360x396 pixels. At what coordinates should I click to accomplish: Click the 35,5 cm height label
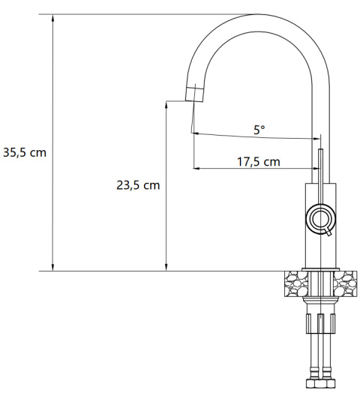(x=24, y=151)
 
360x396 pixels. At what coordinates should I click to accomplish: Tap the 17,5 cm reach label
(x=258, y=161)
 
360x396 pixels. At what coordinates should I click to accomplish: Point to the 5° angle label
(x=258, y=130)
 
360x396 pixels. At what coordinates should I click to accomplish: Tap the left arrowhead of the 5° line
(x=196, y=134)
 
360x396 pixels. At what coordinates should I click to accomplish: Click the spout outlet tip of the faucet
(x=193, y=94)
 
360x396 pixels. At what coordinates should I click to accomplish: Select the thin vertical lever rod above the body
(x=321, y=165)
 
